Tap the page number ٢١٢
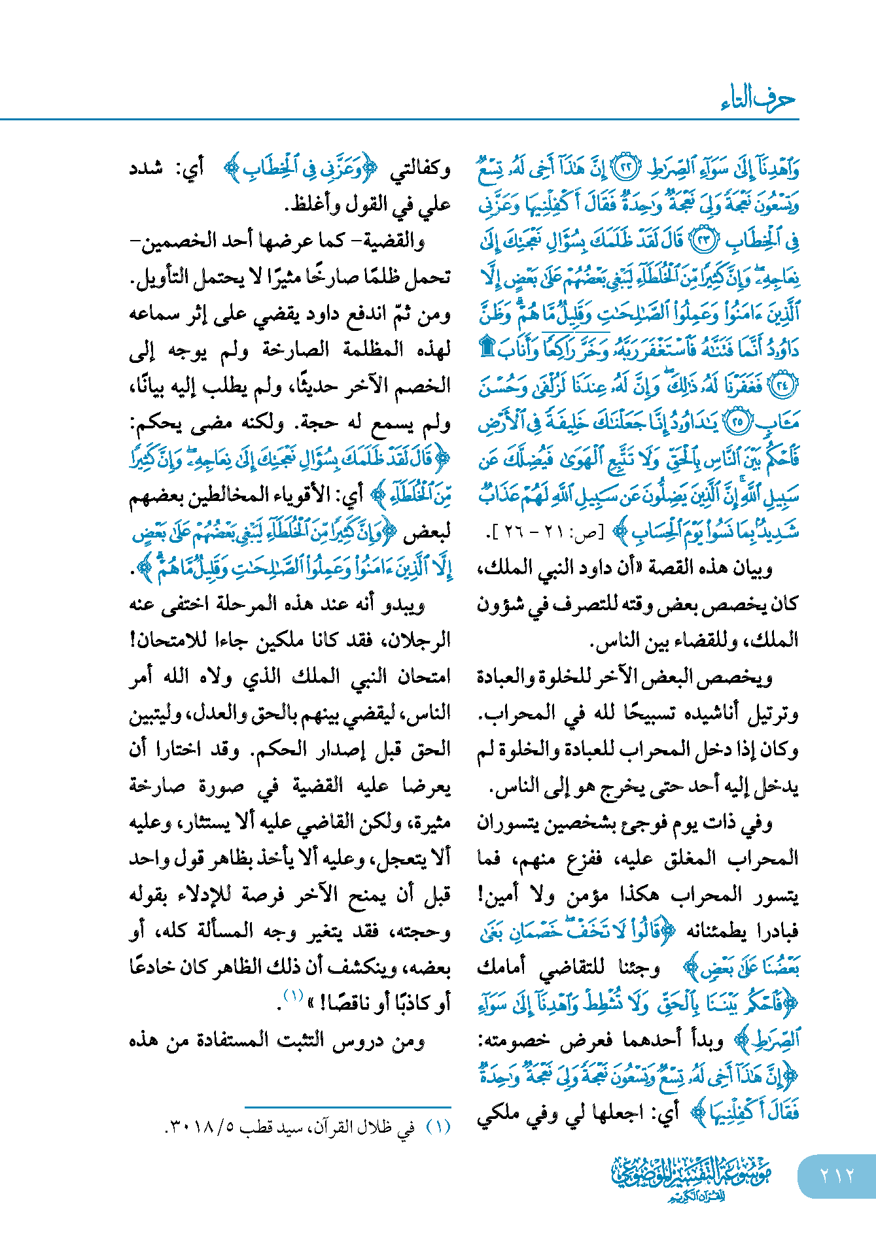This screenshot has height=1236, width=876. pyautogui.click(x=837, y=1176)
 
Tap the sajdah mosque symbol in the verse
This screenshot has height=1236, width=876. pyautogui.click(x=487, y=347)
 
